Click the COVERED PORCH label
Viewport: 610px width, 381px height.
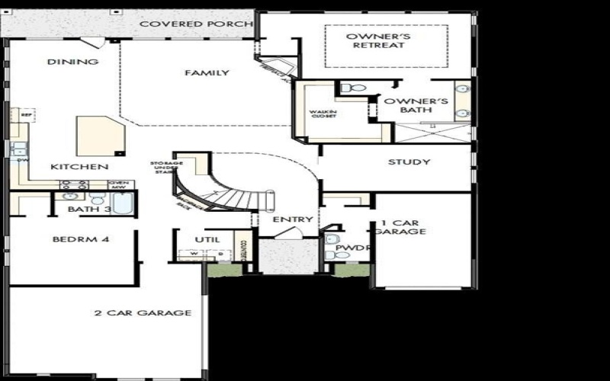coord(196,24)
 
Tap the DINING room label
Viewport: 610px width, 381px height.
coord(72,62)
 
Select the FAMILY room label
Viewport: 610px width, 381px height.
coord(207,73)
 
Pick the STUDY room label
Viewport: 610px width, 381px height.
coord(409,162)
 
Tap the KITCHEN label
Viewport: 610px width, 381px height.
coord(79,167)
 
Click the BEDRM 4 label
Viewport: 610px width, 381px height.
coord(82,239)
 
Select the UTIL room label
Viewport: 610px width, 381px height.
coord(207,239)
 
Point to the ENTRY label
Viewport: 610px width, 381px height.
coord(293,219)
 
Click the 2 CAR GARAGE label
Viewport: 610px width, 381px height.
coord(143,312)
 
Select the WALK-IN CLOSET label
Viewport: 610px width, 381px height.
coord(323,115)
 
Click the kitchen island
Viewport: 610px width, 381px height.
coord(100,136)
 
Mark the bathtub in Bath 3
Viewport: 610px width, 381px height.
coord(123,204)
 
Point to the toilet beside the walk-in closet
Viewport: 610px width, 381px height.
coord(353,89)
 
